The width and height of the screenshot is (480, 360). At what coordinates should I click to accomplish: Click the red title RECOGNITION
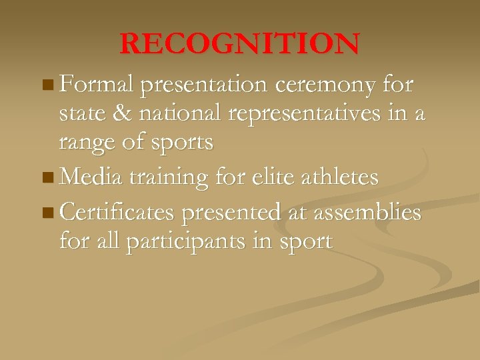240,45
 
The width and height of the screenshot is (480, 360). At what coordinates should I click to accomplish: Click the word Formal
97,85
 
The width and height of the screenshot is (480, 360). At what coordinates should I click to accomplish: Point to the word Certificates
117,212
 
